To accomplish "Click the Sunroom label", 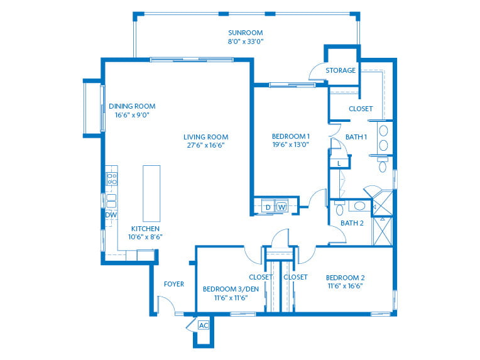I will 245,33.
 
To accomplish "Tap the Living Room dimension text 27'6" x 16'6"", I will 205,145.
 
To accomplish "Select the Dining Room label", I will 132,106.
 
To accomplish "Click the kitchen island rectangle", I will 152,193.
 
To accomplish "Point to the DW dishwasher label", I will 111,215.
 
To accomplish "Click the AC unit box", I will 204,325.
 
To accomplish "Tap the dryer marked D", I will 267,207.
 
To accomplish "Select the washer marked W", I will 281,207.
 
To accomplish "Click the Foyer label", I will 174,284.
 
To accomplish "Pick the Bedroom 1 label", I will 290,136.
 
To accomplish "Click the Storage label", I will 341,70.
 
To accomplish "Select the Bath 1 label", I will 356,137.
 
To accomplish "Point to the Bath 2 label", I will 352,223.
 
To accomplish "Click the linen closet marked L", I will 339,163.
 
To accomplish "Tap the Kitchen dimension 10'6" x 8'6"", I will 145,237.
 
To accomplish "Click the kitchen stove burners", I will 112,179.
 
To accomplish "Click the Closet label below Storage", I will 361,109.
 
